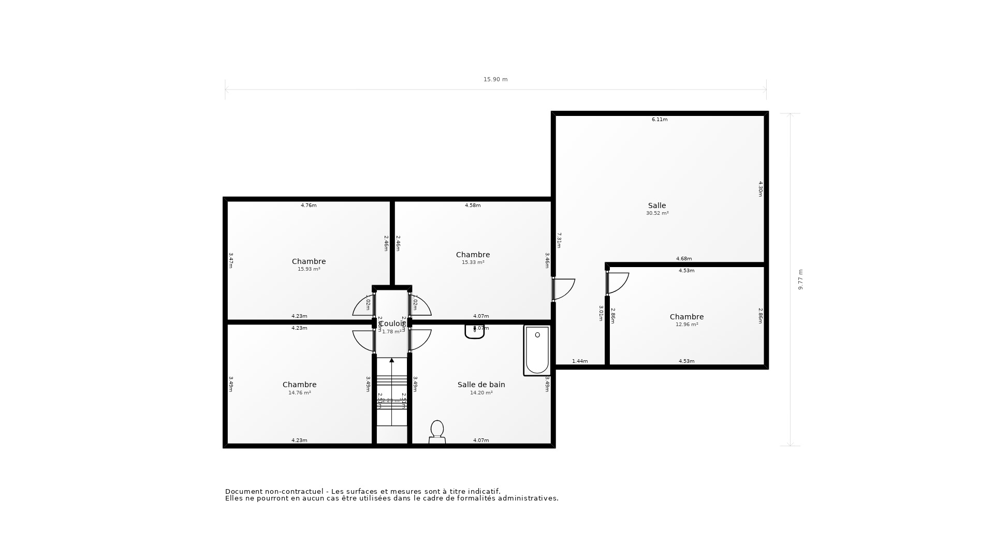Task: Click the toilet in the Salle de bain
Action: [437, 432]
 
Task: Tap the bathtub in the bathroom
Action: [537, 350]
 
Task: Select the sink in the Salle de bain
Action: [474, 332]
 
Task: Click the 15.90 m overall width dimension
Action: [495, 80]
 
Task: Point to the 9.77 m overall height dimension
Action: [800, 279]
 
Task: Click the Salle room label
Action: [657, 205]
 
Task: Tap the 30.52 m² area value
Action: [657, 213]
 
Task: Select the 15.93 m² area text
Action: [309, 269]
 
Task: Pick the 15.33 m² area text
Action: [473, 262]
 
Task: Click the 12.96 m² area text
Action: [686, 325]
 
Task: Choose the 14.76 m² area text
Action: [299, 393]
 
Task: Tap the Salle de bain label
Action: [481, 385]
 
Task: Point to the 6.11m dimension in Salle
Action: [659, 120]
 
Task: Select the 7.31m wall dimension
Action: [559, 240]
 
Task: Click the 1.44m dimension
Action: [580, 361]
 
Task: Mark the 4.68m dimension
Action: [683, 259]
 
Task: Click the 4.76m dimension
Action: [309, 205]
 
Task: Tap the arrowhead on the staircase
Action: [391, 360]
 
